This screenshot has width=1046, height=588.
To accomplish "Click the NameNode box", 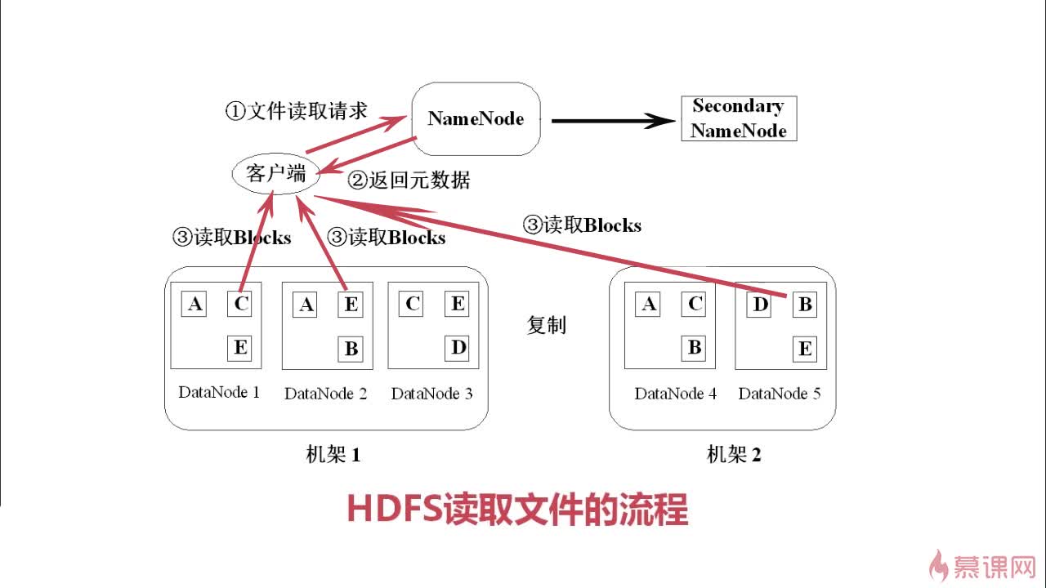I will coord(476,119).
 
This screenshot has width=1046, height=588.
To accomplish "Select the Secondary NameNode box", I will coord(739,118).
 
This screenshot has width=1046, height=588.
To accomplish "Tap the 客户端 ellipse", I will coord(275,173).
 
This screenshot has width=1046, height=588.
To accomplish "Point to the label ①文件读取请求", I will coord(296,111).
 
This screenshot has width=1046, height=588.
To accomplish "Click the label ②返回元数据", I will coord(409,180).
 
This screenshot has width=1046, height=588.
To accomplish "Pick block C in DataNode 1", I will coord(240,305).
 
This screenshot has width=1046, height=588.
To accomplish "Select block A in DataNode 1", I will coord(194,305).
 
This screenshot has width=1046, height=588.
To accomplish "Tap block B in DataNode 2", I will coord(351,349).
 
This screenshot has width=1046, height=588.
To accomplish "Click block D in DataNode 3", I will coord(458,348).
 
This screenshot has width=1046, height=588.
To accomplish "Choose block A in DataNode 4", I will coord(649,305).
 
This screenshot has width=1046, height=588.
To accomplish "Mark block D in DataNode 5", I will coord(760,305).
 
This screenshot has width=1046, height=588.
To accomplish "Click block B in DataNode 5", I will coord(805,305).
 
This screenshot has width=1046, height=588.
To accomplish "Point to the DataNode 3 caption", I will coord(431,394).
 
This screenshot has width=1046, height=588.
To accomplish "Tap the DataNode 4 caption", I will coord(675,394).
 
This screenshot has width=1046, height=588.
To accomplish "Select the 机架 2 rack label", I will coord(733,455).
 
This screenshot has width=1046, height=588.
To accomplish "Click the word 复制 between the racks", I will coord(546,325).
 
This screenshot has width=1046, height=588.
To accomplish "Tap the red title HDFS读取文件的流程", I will coord(517,509).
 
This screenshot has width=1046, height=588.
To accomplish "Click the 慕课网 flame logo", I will coord(940,564).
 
